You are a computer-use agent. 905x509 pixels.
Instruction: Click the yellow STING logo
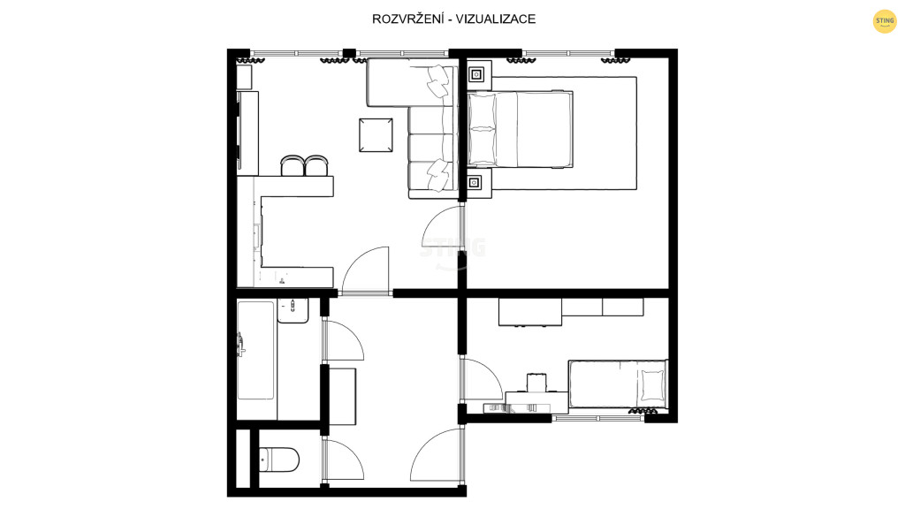tap(884, 21)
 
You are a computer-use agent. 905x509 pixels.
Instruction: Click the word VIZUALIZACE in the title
tap(495, 19)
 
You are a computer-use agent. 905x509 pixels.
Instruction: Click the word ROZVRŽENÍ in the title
tap(407, 19)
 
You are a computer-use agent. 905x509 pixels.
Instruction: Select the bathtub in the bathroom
tap(255, 350)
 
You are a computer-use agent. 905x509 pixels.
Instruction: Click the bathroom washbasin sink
tap(293, 310)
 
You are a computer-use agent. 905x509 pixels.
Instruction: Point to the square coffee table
tap(376, 135)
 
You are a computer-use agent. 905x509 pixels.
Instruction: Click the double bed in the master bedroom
tap(520, 129)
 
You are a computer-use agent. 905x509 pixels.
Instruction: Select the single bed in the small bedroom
tap(618, 384)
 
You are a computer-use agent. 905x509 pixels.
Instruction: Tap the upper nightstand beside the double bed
tap(476, 74)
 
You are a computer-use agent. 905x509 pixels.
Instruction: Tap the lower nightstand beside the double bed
tap(475, 183)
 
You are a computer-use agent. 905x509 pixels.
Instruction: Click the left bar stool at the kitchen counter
tap(292, 165)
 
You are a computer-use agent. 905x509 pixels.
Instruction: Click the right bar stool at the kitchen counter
tap(316, 165)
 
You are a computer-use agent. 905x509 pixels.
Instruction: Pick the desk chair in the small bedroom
tap(536, 383)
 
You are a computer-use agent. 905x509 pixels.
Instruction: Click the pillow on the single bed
tap(652, 385)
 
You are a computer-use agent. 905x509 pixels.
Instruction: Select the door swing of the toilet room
tap(344, 460)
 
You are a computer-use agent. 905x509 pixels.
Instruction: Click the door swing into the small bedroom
tap(482, 379)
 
